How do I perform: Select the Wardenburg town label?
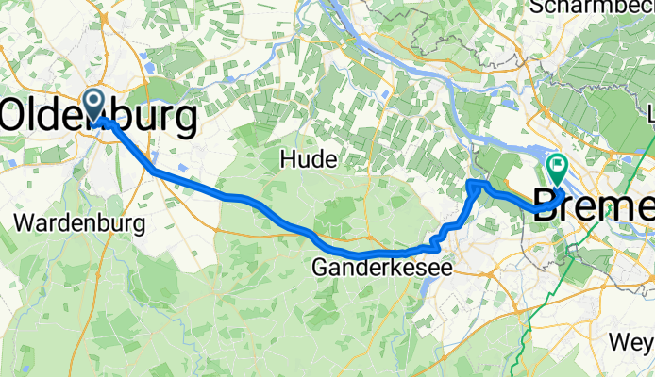(x=80, y=224)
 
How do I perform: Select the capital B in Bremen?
(x=548, y=206)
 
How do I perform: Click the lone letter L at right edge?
(x=649, y=115)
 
